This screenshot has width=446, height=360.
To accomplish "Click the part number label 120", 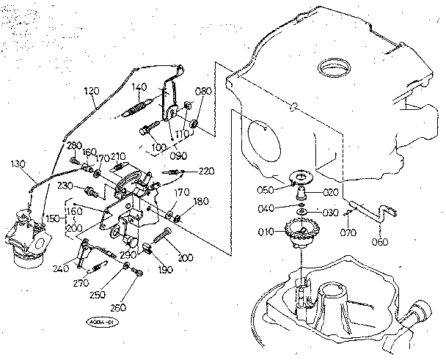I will point(92,92).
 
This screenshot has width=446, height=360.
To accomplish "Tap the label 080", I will point(202,92).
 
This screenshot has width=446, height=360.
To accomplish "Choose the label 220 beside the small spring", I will point(206,171).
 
